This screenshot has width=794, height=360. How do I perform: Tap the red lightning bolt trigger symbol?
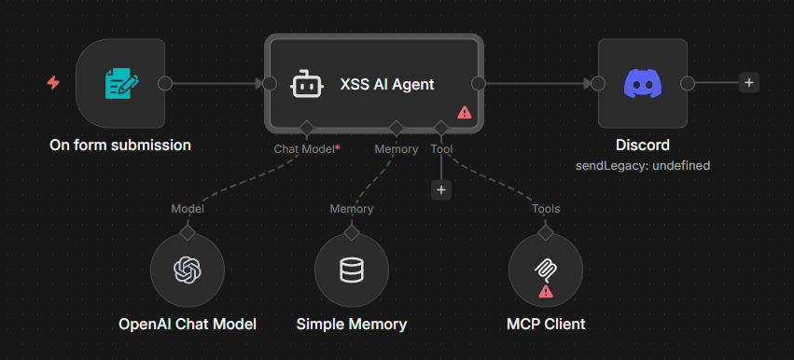coord(53,83)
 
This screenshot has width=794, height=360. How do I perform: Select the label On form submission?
coord(120,145)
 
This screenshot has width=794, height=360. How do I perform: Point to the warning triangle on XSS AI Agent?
coord(464,112)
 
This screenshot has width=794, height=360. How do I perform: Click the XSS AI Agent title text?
coord(387,84)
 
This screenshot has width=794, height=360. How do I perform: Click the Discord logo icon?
coord(643,83)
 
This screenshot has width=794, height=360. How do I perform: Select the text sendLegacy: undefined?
coord(643,165)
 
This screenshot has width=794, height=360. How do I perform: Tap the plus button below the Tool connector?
coord(441,189)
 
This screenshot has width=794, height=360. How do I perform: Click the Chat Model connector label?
coord(305,148)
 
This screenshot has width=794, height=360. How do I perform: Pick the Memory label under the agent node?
coord(397,148)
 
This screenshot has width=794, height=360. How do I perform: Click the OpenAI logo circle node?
coord(188,270)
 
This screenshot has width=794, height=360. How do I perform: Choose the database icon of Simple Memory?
coord(352,270)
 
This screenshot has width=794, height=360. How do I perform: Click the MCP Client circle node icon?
coord(546,268)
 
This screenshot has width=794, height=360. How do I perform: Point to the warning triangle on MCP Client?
coord(546,291)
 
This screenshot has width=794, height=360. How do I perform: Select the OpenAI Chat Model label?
coord(188,325)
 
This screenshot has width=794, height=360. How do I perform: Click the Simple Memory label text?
coord(352,325)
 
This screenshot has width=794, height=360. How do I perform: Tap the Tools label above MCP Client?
coord(546,209)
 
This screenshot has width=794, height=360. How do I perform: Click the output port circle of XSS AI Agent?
coord(479,83)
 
